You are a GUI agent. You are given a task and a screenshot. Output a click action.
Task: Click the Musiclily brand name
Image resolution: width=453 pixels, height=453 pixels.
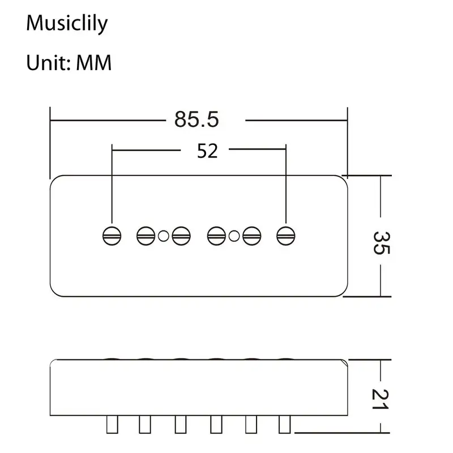tap(67, 23)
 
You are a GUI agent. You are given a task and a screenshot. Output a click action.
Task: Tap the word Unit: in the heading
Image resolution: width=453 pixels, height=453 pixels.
tap(49, 63)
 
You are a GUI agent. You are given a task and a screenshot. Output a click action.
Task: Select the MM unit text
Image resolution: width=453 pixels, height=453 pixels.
tap(93, 63)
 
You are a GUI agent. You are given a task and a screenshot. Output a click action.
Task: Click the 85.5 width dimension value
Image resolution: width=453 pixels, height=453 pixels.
tap(196, 119)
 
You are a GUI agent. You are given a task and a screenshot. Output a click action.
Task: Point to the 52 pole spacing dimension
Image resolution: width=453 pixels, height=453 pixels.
tap(207, 151)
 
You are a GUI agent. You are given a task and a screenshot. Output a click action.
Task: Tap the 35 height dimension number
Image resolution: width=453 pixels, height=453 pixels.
tap(382, 243)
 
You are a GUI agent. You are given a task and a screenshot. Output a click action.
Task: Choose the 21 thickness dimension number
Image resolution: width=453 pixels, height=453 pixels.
tap(380, 399)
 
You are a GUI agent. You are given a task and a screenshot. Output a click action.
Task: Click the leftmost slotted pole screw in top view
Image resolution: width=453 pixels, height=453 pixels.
tap(112, 236)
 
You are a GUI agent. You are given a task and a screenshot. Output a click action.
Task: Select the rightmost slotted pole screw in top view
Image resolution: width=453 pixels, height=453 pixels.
tap(286, 236)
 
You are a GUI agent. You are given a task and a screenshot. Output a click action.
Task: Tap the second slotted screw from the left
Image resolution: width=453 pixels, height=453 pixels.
tap(146, 236)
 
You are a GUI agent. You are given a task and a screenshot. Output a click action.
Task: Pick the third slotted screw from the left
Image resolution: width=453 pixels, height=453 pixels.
tap(181, 236)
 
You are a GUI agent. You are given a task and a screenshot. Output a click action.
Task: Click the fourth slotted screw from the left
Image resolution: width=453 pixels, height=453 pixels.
tap(216, 236)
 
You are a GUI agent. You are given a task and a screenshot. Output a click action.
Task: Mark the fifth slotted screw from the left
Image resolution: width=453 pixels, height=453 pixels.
tap(251, 236)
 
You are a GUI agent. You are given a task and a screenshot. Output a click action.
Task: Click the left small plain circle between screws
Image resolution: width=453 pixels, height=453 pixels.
tap(164, 236)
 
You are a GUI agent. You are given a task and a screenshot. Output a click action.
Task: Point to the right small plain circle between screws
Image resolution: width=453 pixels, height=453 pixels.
tap(234, 236)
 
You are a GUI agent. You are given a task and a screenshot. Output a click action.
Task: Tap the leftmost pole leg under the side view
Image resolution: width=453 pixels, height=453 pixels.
tap(112, 424)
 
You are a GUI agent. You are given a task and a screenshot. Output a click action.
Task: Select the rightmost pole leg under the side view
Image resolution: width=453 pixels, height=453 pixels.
tap(285, 424)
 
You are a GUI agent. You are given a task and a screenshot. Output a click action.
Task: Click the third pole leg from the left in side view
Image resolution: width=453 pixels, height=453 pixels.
tap(181, 424)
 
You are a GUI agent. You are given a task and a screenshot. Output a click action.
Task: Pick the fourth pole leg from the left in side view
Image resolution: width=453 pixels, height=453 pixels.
tap(216, 424)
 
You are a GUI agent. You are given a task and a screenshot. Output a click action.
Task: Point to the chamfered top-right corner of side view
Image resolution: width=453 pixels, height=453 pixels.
tap(344, 363)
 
